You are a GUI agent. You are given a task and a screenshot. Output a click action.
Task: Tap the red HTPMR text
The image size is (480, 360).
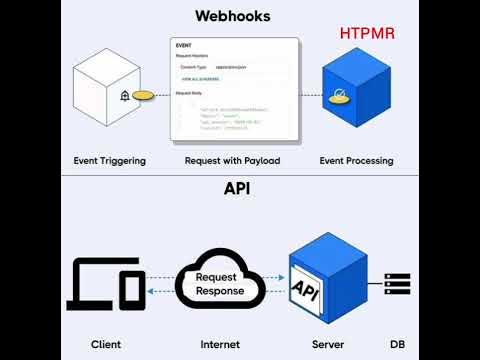367,34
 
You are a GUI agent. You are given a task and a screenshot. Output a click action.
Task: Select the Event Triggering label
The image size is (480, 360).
109,160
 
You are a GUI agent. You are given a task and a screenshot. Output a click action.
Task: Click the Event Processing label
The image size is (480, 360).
356,160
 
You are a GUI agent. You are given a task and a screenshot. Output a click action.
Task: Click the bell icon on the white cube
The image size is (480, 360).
124,97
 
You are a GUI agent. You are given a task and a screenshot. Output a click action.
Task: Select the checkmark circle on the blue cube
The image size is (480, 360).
339,97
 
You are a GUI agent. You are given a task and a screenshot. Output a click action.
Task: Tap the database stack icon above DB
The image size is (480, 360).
398,284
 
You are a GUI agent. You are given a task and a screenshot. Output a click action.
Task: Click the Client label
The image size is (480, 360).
105,344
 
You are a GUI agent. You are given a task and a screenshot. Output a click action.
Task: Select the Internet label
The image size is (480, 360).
220,344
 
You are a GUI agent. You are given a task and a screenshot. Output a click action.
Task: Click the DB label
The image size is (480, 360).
397,344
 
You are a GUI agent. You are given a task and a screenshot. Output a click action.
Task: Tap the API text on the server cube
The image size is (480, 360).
305,289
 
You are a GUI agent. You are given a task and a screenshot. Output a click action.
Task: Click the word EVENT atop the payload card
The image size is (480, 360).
184,46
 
